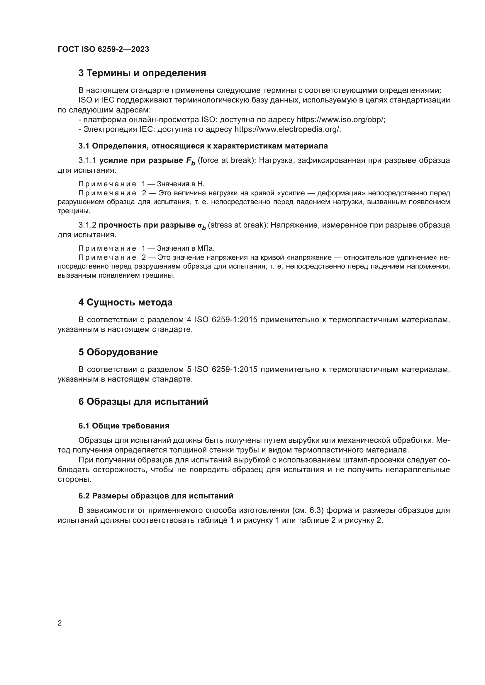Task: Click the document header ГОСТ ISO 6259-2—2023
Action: point(103,49)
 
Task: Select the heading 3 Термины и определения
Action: point(142,73)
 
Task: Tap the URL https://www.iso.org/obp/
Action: point(341,120)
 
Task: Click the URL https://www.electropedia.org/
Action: point(287,129)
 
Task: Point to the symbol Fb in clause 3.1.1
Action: point(190,161)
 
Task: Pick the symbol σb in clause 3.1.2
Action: point(201,226)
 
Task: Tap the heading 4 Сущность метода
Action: point(126,302)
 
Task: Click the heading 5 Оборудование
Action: point(118,352)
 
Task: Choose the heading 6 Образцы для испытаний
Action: point(143,402)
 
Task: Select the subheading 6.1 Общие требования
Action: point(124,426)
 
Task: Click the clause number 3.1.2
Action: point(87,225)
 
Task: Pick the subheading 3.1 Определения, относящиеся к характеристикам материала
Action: point(203,146)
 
